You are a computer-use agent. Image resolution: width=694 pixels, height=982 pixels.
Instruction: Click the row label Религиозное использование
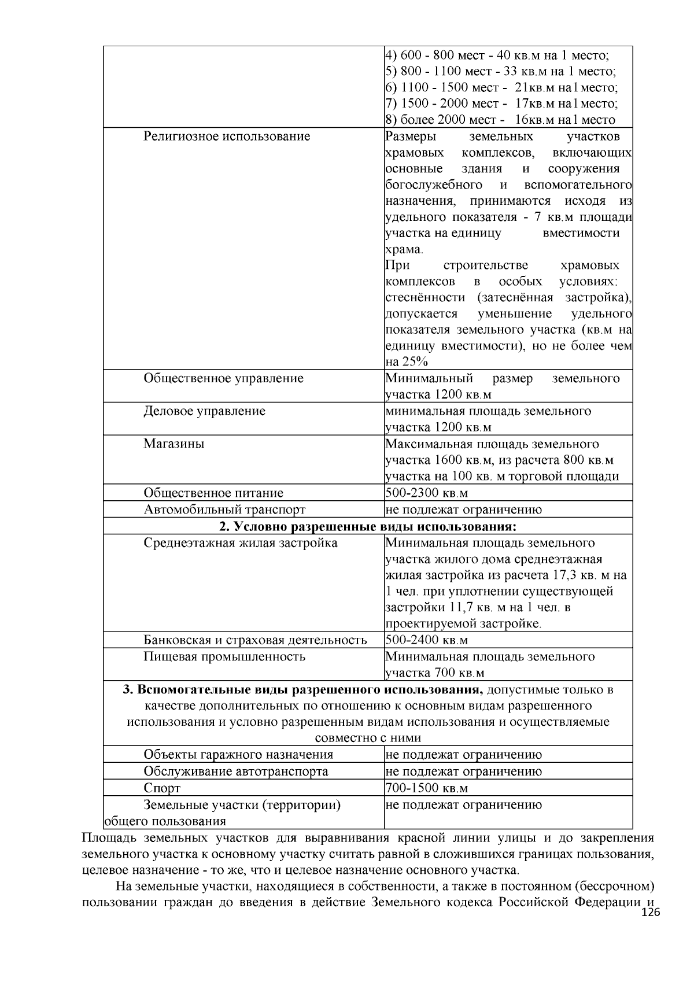pyautogui.click(x=227, y=136)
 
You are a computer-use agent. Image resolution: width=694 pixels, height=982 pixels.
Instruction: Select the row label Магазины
pyautogui.click(x=173, y=444)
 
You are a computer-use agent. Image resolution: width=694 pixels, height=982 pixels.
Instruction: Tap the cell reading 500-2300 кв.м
pyautogui.click(x=426, y=493)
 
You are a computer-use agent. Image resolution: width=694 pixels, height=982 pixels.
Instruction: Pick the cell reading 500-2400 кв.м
pyautogui.click(x=426, y=640)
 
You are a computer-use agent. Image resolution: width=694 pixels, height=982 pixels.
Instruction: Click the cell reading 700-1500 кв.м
pyautogui.click(x=426, y=788)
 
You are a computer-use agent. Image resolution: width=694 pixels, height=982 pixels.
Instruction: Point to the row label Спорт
pyautogui.click(x=162, y=788)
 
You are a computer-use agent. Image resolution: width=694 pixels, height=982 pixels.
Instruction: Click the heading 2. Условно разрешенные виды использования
pyautogui.click(x=368, y=527)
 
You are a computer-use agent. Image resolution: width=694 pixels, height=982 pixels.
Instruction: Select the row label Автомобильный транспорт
pyautogui.click(x=224, y=510)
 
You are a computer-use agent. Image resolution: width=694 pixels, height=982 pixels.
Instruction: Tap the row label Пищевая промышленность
pyautogui.click(x=224, y=657)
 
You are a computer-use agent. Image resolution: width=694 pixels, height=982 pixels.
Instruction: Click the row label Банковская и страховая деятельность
pyautogui.click(x=255, y=640)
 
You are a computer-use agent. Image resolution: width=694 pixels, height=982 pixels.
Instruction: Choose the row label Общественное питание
pyautogui.click(x=213, y=493)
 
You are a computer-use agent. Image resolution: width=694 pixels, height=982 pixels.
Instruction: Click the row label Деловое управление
pyautogui.click(x=204, y=411)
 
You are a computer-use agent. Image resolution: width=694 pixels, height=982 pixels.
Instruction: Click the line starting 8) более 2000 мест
pyautogui.click(x=500, y=120)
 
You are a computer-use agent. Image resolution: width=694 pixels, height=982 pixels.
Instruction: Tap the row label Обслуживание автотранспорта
pyautogui.click(x=236, y=771)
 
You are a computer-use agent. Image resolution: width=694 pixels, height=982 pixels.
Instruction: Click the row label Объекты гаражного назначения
pyautogui.click(x=238, y=755)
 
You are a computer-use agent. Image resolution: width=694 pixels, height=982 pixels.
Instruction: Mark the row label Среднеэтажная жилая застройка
pyautogui.click(x=241, y=544)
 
